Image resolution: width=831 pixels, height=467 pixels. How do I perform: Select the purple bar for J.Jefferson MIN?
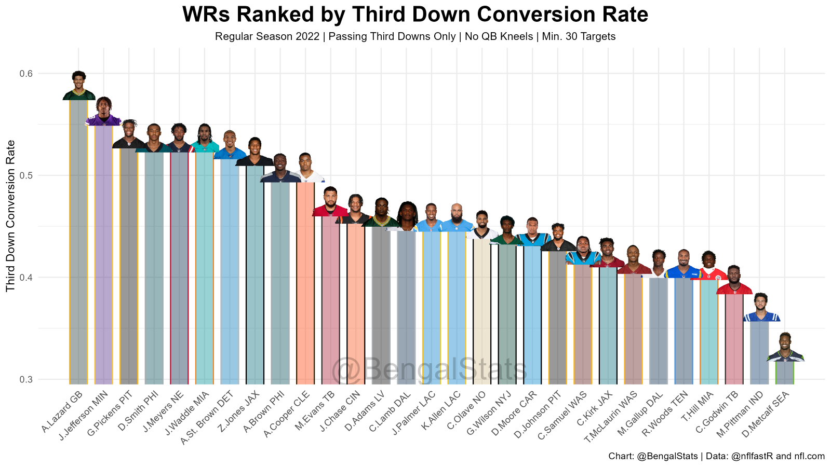pos(104,254)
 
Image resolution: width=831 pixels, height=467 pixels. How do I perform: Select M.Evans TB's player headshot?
pos(331,202)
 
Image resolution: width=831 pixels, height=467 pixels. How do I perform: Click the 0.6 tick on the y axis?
pos(26,74)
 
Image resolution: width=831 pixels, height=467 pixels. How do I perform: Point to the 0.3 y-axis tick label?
pos(26,379)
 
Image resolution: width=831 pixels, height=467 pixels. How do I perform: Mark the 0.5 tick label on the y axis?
pos(26,175)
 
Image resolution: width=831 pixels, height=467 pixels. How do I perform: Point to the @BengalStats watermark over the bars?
pos(429,369)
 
